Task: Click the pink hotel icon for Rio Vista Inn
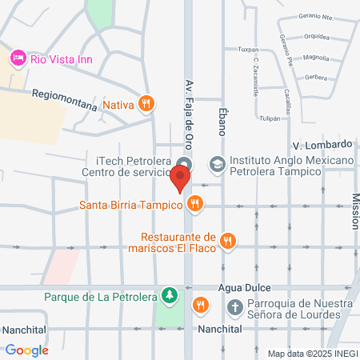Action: (x=18, y=58)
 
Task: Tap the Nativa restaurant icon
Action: (x=146, y=103)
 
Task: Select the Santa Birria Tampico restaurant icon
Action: (x=194, y=205)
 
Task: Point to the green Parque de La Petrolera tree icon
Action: (x=169, y=296)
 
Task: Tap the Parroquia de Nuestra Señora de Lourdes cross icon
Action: (x=235, y=306)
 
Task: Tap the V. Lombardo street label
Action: (x=322, y=145)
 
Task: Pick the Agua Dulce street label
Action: (x=248, y=287)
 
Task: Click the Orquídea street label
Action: (x=316, y=37)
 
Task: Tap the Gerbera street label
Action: (x=316, y=78)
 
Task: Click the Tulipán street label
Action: (x=270, y=118)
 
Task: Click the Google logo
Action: (x=26, y=350)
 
